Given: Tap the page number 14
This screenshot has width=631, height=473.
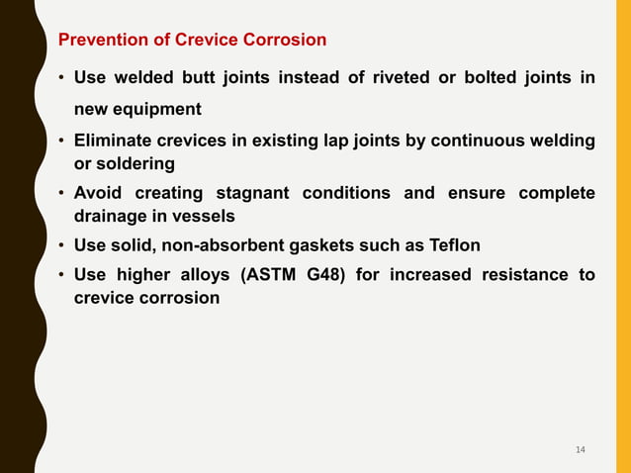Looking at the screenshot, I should [x=580, y=450].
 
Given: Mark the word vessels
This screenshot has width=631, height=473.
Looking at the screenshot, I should [x=205, y=216].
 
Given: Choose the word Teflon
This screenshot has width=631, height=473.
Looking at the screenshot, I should [x=453, y=244].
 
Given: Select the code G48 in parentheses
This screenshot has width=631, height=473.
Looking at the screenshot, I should [x=320, y=274].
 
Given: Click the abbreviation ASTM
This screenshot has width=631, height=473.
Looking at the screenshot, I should [x=263, y=274].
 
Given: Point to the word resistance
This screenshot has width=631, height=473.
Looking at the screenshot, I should [x=519, y=274].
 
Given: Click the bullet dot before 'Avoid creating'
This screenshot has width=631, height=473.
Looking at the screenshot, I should [x=62, y=193].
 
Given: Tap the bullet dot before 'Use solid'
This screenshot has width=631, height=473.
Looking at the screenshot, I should [x=62, y=244].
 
